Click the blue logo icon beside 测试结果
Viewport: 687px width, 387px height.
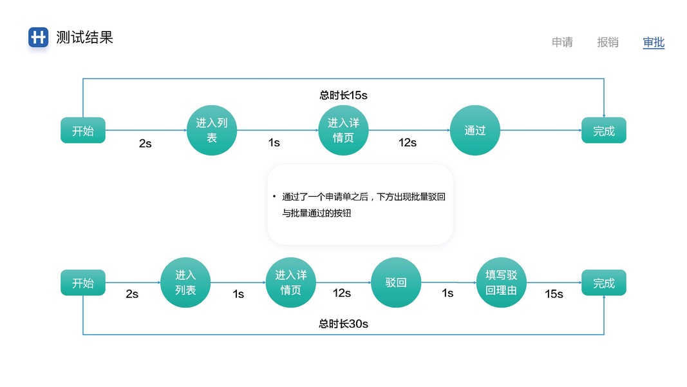39,37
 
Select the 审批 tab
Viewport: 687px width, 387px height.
654,43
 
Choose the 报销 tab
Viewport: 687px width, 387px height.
608,43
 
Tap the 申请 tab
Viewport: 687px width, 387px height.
562,43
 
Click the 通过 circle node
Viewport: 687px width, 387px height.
475,130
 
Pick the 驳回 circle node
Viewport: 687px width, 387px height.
396,283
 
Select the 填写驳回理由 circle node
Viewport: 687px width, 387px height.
502,283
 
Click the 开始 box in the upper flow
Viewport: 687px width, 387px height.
83,130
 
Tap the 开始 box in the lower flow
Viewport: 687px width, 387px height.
83,283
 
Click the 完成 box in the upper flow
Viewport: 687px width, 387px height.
604,130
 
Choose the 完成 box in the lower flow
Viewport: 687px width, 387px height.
604,283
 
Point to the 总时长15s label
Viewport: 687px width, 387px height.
343,95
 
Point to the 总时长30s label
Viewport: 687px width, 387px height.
343,324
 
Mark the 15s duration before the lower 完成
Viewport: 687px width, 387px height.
554,294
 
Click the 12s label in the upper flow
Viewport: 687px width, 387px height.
408,143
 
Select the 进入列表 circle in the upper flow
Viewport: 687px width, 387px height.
212,130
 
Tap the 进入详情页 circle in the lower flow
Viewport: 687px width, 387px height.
291,283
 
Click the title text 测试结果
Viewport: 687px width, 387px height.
84,37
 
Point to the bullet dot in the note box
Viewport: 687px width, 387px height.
274,197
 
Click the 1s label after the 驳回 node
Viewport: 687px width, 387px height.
447,293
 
